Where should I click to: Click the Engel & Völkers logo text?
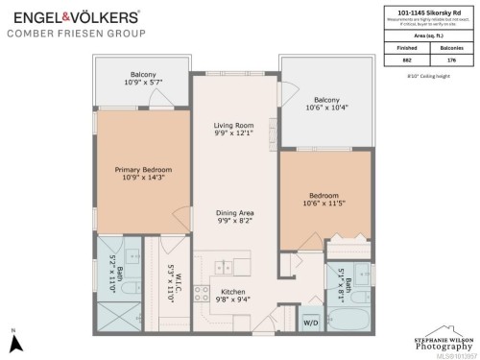75,16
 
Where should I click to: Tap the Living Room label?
233,126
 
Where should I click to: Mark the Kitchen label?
234,291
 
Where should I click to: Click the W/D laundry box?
312,323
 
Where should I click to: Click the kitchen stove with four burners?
204,295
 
